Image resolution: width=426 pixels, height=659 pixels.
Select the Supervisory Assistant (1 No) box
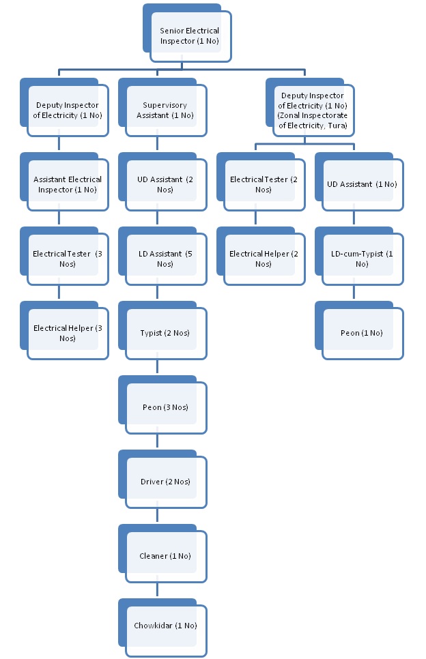coord(166,111)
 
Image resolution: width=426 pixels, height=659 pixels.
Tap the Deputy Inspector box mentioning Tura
coord(314,111)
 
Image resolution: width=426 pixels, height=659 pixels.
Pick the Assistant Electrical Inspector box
coord(68,184)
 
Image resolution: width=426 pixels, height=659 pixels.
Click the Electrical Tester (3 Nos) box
coord(68,259)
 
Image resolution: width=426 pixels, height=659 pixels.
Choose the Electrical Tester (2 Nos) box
coord(264,184)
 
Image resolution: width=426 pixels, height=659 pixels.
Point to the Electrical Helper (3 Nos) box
coord(68,333)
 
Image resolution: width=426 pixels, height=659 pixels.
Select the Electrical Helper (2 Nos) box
coord(264,259)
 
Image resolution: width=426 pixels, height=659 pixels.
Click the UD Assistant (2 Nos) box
coord(166,184)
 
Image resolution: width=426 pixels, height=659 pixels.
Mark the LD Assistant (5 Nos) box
coord(166,259)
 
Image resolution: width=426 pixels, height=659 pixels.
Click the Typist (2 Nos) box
coord(166,333)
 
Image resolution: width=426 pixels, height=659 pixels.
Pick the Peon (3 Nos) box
coord(166,407)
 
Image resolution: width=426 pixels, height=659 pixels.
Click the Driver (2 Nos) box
coord(166,482)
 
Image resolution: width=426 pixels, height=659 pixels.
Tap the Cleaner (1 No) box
coord(166,556)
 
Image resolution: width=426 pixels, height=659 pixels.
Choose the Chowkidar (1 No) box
coord(166,626)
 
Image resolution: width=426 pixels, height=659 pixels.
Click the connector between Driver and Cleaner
coord(158,515)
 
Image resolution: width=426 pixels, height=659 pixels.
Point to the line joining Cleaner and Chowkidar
coord(158,589)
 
